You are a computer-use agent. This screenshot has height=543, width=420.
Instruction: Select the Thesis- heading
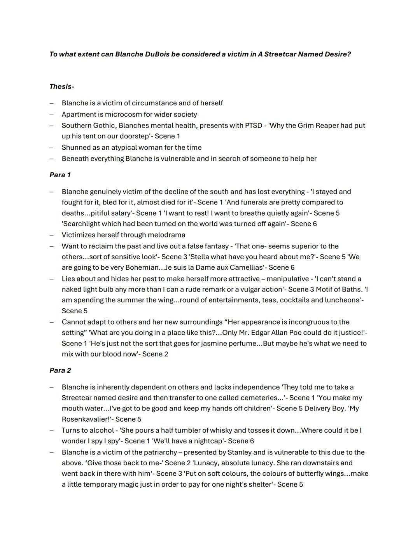[62, 87]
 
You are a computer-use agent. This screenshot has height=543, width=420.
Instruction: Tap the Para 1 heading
[60, 175]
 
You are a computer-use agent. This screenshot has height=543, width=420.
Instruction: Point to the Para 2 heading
[60, 370]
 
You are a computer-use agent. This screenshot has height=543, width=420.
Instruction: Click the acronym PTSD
[253, 126]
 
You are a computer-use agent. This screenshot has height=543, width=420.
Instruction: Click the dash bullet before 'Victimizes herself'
[51, 235]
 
